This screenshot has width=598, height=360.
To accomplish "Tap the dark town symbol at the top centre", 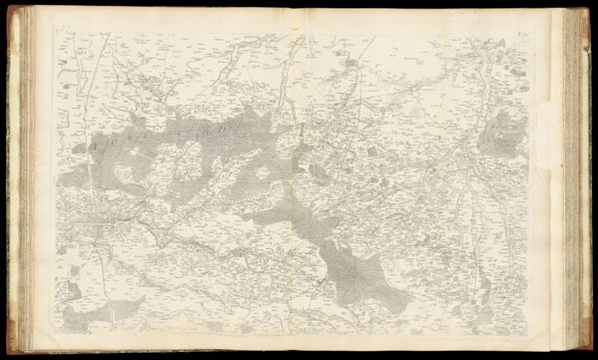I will pyautogui.click(x=350, y=67).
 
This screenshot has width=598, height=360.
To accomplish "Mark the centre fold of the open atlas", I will pyautogui.click(x=298, y=180).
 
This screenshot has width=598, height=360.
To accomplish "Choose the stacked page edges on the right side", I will pyautogui.click(x=575, y=180).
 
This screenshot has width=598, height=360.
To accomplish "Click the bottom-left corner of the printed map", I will pyautogui.click(x=58, y=334).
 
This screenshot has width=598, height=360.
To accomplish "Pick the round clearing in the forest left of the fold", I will pyautogui.click(x=261, y=172).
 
